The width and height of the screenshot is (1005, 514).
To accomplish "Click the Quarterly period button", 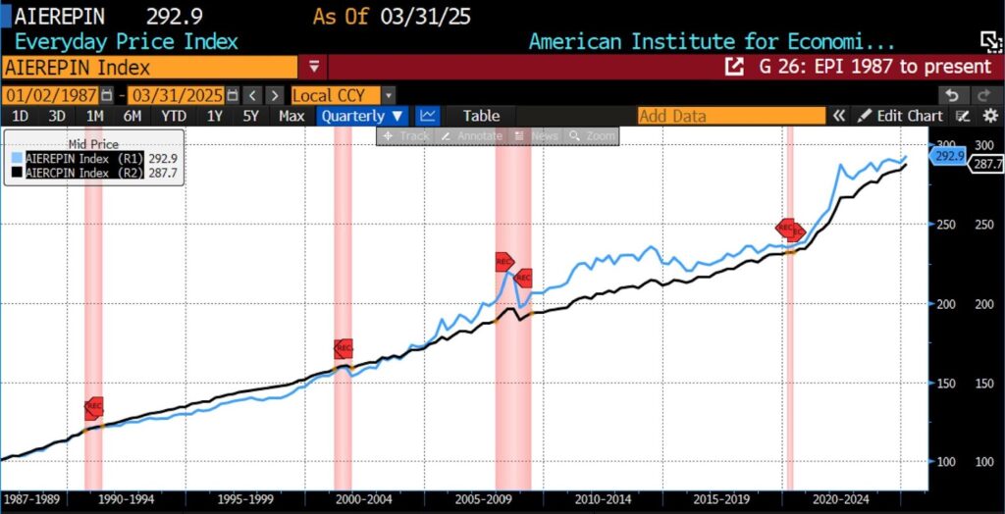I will click(x=362, y=116).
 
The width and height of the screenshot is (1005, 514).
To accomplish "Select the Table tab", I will click(x=481, y=116).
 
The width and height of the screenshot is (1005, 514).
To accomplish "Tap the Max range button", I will click(x=291, y=116).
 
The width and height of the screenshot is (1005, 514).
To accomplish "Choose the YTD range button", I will click(x=174, y=116).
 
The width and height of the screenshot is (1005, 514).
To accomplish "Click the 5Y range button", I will click(x=251, y=116).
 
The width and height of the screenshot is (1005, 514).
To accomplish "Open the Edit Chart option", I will click(x=901, y=116).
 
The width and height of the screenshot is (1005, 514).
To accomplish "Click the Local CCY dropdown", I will click(x=343, y=95).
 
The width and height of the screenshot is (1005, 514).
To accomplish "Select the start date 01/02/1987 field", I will click(x=52, y=95).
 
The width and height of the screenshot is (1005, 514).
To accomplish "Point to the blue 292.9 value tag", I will click(x=948, y=156).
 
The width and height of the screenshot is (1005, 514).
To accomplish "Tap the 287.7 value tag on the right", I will click(x=986, y=165).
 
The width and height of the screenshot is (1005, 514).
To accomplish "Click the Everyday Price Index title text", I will click(x=126, y=42).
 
